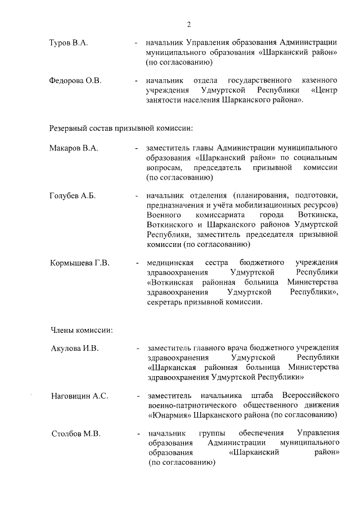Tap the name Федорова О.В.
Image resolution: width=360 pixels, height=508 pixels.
coord(75,81)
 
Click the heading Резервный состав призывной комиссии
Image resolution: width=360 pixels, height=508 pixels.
coord(121,128)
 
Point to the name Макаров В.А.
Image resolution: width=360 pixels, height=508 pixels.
coord(74,148)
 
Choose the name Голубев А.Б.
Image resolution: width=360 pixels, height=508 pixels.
coord(73,196)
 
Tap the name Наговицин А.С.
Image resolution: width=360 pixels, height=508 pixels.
coord(79,396)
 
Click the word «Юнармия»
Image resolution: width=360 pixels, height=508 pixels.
coord(169,415)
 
